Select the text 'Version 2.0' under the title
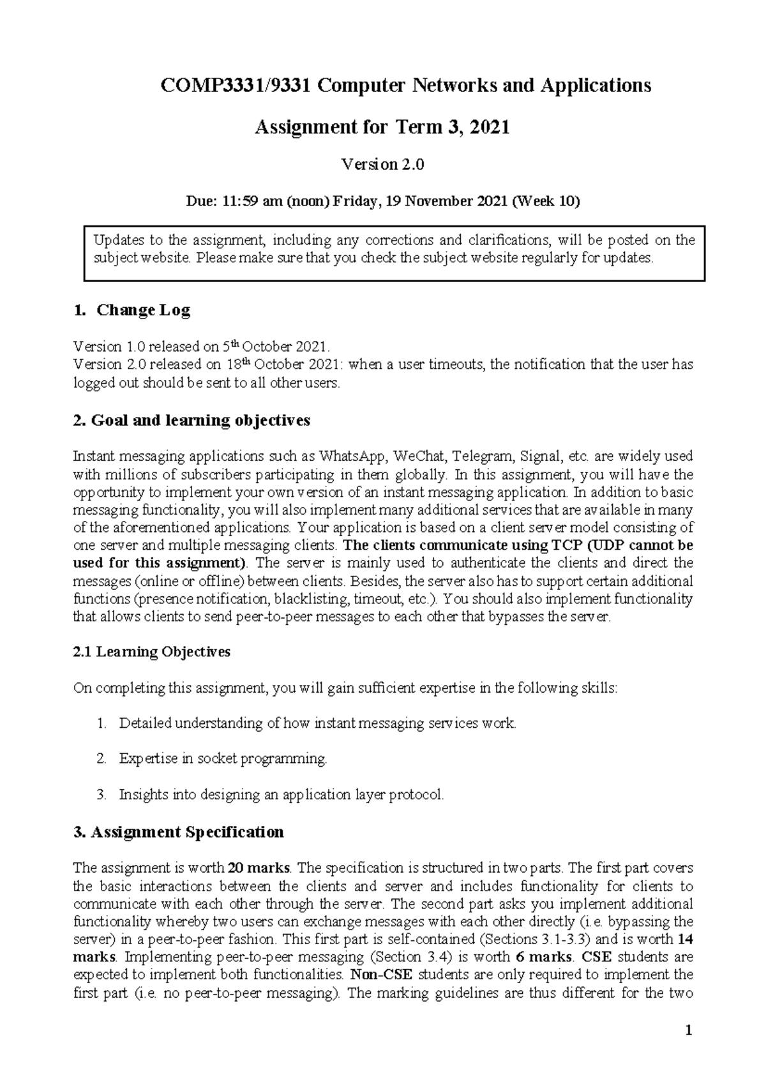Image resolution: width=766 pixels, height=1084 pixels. pos(383,165)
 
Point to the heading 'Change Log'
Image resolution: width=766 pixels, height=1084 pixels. pos(143,310)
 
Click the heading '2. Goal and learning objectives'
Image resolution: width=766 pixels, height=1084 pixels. pos(191,420)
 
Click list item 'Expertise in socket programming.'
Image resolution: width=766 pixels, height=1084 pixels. pos(223,758)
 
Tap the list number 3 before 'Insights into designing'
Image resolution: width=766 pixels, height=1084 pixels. pos(101,795)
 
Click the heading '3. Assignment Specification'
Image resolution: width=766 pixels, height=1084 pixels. pos(179,832)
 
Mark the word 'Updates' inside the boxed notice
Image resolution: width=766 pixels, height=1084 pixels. pos(118,240)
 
